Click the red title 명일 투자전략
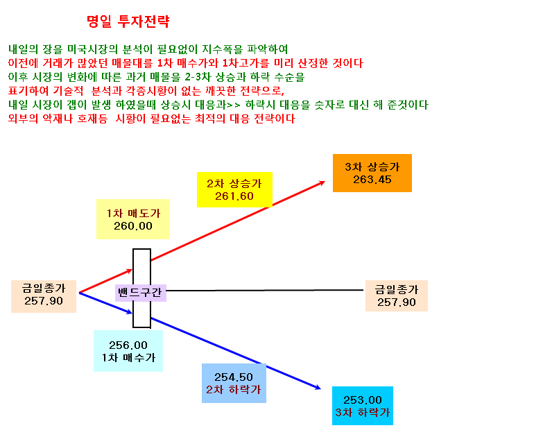coord(128,22)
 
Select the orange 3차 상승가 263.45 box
coord(372,173)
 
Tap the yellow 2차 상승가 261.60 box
coord(234,189)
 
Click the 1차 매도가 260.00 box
coord(133,219)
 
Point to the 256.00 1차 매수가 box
coord(128,351)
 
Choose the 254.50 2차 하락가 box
coord(234,383)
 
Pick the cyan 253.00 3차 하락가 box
coord(363,406)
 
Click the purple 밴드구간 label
coord(141,293)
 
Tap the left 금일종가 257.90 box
coord(44,296)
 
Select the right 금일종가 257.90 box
coord(397,295)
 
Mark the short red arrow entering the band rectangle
coord(105,281)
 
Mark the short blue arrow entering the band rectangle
coord(105,303)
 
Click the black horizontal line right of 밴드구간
coord(265,290)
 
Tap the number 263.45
coord(372,180)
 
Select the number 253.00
coord(363,400)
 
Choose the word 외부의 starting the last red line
coord(23,119)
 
